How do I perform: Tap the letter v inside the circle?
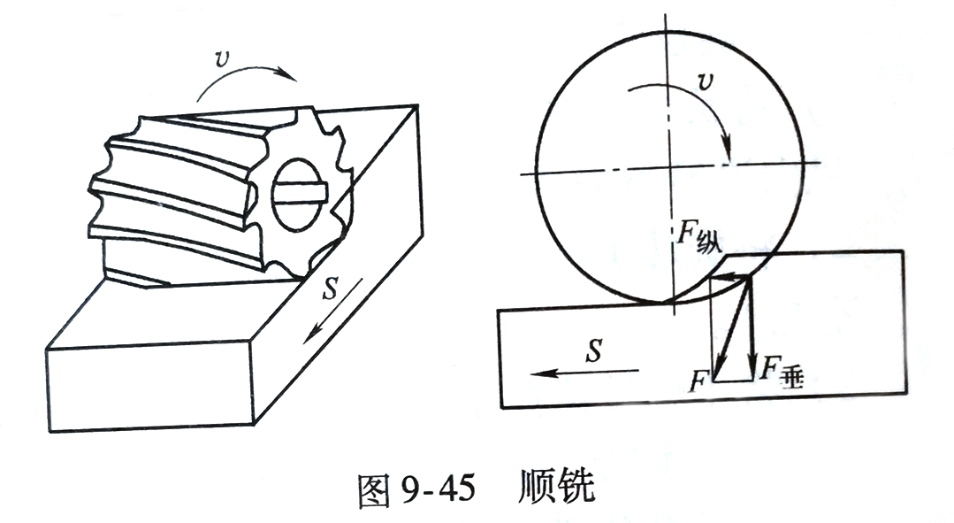706,81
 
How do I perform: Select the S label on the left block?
330,289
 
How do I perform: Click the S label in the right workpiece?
594,350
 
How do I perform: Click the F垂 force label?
782,370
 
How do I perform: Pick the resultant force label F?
698,383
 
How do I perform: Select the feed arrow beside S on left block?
333,311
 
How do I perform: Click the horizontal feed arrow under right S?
584,372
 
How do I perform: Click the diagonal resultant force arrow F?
733,326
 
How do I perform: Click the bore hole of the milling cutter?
297,195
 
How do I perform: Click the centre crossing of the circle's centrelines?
668,167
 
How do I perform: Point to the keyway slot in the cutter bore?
300,194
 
